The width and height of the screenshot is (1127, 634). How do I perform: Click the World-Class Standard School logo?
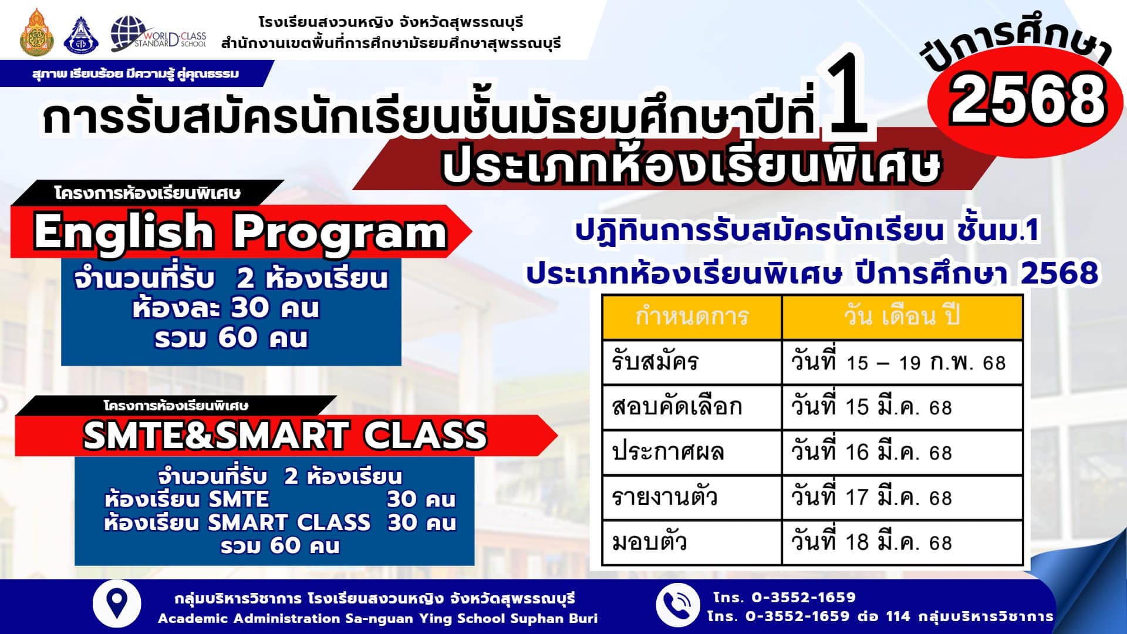(x=158, y=34)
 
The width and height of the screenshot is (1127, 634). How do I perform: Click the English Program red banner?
(x=241, y=231)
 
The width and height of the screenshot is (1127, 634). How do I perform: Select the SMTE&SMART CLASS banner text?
(x=285, y=435)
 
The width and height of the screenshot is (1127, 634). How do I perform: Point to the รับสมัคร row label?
(x=655, y=362)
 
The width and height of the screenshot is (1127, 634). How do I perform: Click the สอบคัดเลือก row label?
(x=677, y=407)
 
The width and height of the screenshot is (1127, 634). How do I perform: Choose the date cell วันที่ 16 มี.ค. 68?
(x=871, y=452)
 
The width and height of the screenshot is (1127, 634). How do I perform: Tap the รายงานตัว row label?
(x=664, y=497)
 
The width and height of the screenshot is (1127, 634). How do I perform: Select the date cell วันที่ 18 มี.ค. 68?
(x=871, y=542)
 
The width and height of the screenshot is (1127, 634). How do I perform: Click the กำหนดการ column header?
(x=692, y=317)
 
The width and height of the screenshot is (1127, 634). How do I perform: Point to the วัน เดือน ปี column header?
(x=902, y=317)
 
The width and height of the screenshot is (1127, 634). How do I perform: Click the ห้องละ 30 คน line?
(x=226, y=308)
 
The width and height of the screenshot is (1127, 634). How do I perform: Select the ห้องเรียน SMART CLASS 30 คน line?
(x=280, y=522)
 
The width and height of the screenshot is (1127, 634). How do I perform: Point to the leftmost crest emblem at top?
(x=36, y=33)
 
